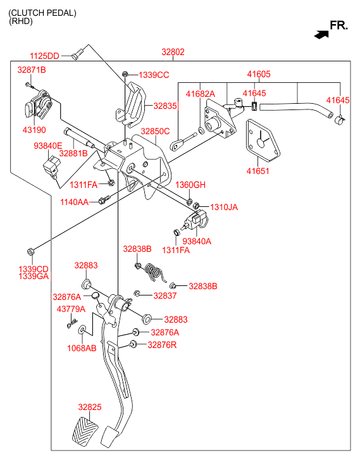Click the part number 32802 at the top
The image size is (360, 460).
click(x=173, y=52)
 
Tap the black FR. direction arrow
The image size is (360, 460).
click(x=321, y=35)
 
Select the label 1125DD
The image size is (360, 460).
click(x=44, y=56)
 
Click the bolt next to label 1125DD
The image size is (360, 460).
click(x=77, y=54)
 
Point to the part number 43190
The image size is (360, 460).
click(x=34, y=130)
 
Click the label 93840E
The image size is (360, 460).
click(x=48, y=146)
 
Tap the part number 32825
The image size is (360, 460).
click(x=90, y=407)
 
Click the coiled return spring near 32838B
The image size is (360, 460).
click(x=154, y=273)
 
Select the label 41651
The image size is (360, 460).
click(x=258, y=171)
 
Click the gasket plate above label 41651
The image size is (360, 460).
click(x=263, y=140)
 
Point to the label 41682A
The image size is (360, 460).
click(x=201, y=94)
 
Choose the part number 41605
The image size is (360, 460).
click(x=259, y=74)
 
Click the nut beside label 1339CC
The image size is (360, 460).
click(x=125, y=73)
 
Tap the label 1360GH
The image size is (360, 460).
click(x=190, y=185)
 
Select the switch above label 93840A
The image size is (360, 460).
click(x=195, y=221)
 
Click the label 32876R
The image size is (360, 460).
click(x=162, y=345)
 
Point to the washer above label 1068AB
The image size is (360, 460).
click(x=82, y=330)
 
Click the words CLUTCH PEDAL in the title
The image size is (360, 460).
click(x=42, y=13)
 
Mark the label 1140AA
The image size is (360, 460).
click(x=75, y=202)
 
